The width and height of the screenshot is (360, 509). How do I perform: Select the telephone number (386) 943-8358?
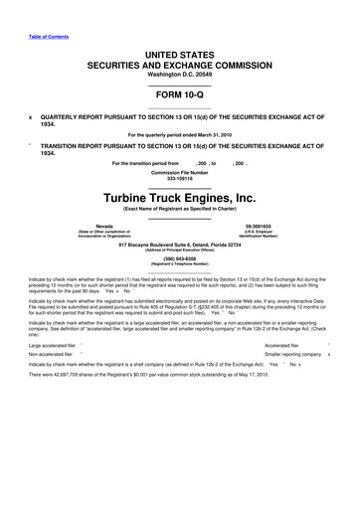pyautogui.click(x=180, y=259)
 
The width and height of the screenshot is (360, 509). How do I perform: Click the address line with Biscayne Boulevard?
pyautogui.click(x=180, y=243)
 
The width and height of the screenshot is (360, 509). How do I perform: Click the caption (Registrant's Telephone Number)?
pyautogui.click(x=180, y=265)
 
